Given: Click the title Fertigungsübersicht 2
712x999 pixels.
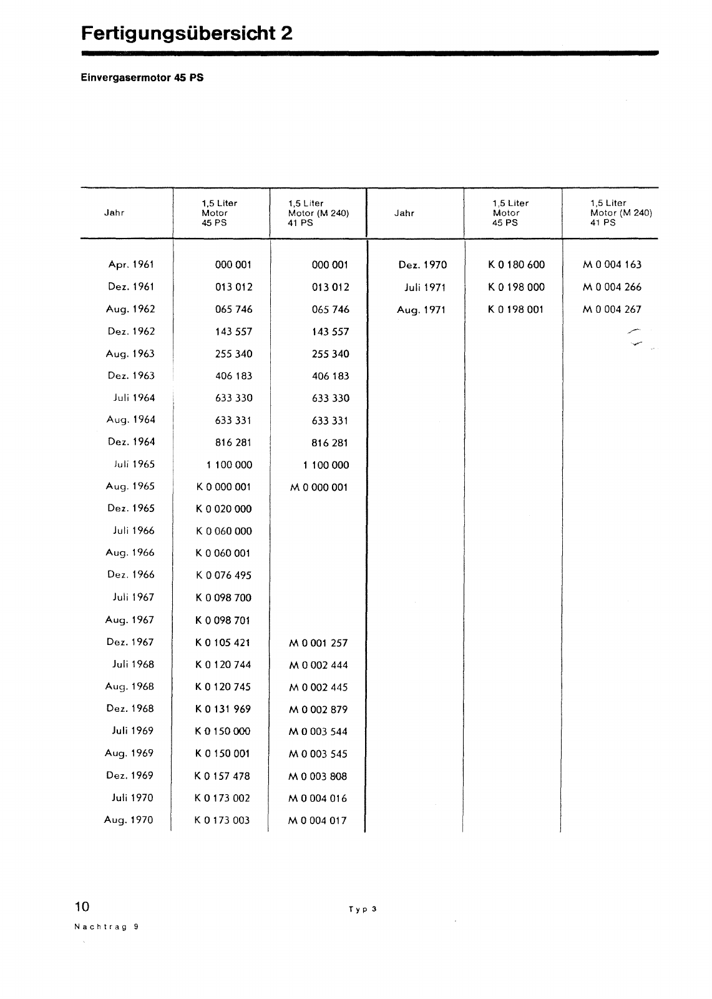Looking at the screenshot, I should [187, 32].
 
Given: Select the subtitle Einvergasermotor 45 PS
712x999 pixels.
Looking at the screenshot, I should [142, 79].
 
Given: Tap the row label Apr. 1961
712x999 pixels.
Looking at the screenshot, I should [131, 265].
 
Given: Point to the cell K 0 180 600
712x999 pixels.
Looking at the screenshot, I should [516, 265].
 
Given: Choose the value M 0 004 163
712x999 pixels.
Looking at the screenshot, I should [612, 265].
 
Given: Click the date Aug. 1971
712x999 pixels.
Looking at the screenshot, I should [421, 310].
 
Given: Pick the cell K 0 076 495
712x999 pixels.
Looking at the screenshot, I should [223, 575].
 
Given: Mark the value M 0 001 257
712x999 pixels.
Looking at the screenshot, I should [318, 643].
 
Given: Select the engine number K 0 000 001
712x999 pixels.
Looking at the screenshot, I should [223, 487].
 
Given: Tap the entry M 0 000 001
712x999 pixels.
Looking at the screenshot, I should [318, 487].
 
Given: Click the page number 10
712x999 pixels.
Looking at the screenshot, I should [82, 907].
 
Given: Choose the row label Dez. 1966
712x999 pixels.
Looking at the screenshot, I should [131, 575].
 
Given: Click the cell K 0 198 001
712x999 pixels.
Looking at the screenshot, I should [516, 310].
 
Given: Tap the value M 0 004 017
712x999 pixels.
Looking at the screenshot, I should [318, 820].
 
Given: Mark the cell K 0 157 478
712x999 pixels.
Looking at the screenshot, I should [222, 776].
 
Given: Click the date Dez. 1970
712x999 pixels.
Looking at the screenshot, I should [422, 265].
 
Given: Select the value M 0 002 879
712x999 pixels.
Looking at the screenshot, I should [318, 709].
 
